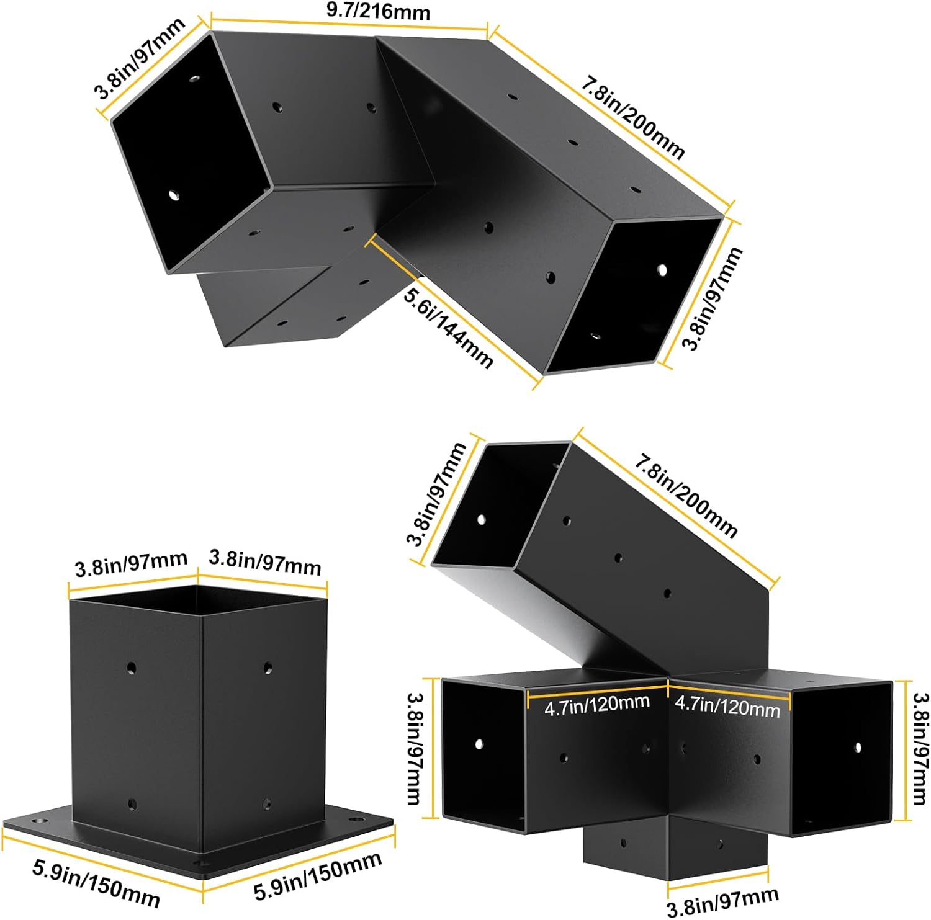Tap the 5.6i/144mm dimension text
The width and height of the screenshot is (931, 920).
click(x=449, y=328)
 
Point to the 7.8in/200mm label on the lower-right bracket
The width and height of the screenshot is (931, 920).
click(x=686, y=496)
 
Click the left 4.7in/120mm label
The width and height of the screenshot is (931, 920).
click(x=597, y=705)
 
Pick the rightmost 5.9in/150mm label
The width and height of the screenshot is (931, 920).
click(x=318, y=876)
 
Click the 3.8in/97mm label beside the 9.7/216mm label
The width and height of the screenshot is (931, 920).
click(x=140, y=59)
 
